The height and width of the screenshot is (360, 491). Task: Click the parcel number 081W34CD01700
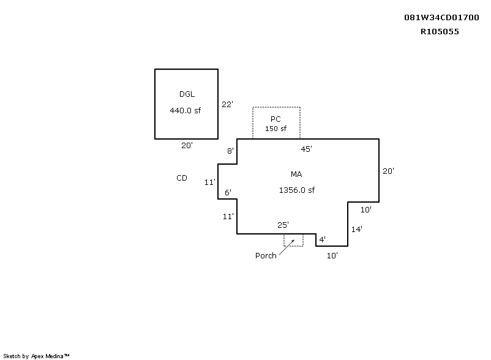coord(441,18)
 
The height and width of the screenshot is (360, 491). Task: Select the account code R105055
coord(440,32)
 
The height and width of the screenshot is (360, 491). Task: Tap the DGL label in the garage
coord(187,94)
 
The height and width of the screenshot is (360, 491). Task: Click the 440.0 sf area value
coord(186,110)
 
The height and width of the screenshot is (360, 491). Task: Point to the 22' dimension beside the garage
coord(227,104)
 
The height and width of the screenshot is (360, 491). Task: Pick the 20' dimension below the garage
coord(187,145)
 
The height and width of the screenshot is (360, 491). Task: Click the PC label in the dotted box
coord(275,119)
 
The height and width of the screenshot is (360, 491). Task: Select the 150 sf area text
coord(275,129)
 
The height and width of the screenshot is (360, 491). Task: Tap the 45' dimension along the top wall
coord(306,149)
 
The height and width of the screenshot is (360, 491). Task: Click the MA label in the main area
coord(296,174)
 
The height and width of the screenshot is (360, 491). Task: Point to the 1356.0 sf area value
coord(297,190)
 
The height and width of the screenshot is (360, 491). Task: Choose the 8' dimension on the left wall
coord(230,151)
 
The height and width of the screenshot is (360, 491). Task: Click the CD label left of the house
coord(182,178)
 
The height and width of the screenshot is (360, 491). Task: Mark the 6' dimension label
coord(228,192)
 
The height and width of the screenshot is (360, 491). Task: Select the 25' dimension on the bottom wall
coord(283,225)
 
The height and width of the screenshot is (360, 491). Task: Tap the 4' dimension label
coord(322,239)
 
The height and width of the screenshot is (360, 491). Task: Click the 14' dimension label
coord(357,229)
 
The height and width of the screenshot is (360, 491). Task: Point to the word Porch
coord(266,255)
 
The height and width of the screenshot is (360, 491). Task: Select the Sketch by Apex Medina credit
coord(36,356)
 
